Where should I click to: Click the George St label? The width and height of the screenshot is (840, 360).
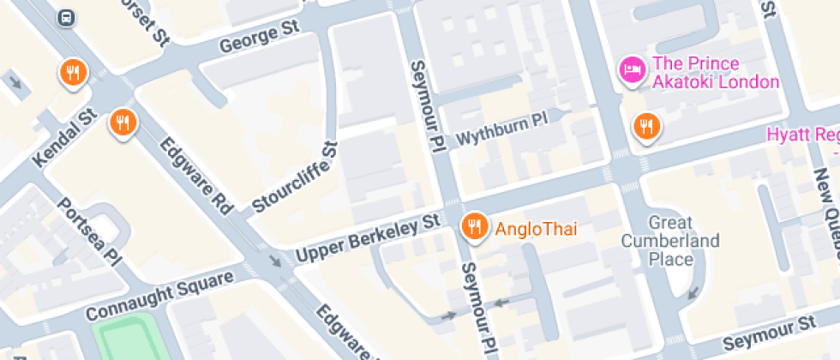coord(258,37)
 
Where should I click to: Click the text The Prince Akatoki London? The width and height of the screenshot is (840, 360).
coord(716,73)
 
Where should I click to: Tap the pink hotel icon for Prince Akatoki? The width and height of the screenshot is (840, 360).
coord(633,69)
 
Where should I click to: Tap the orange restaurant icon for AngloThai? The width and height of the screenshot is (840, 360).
coord(472,227)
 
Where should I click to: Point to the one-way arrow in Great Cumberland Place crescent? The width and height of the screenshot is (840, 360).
coord(693,293)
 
